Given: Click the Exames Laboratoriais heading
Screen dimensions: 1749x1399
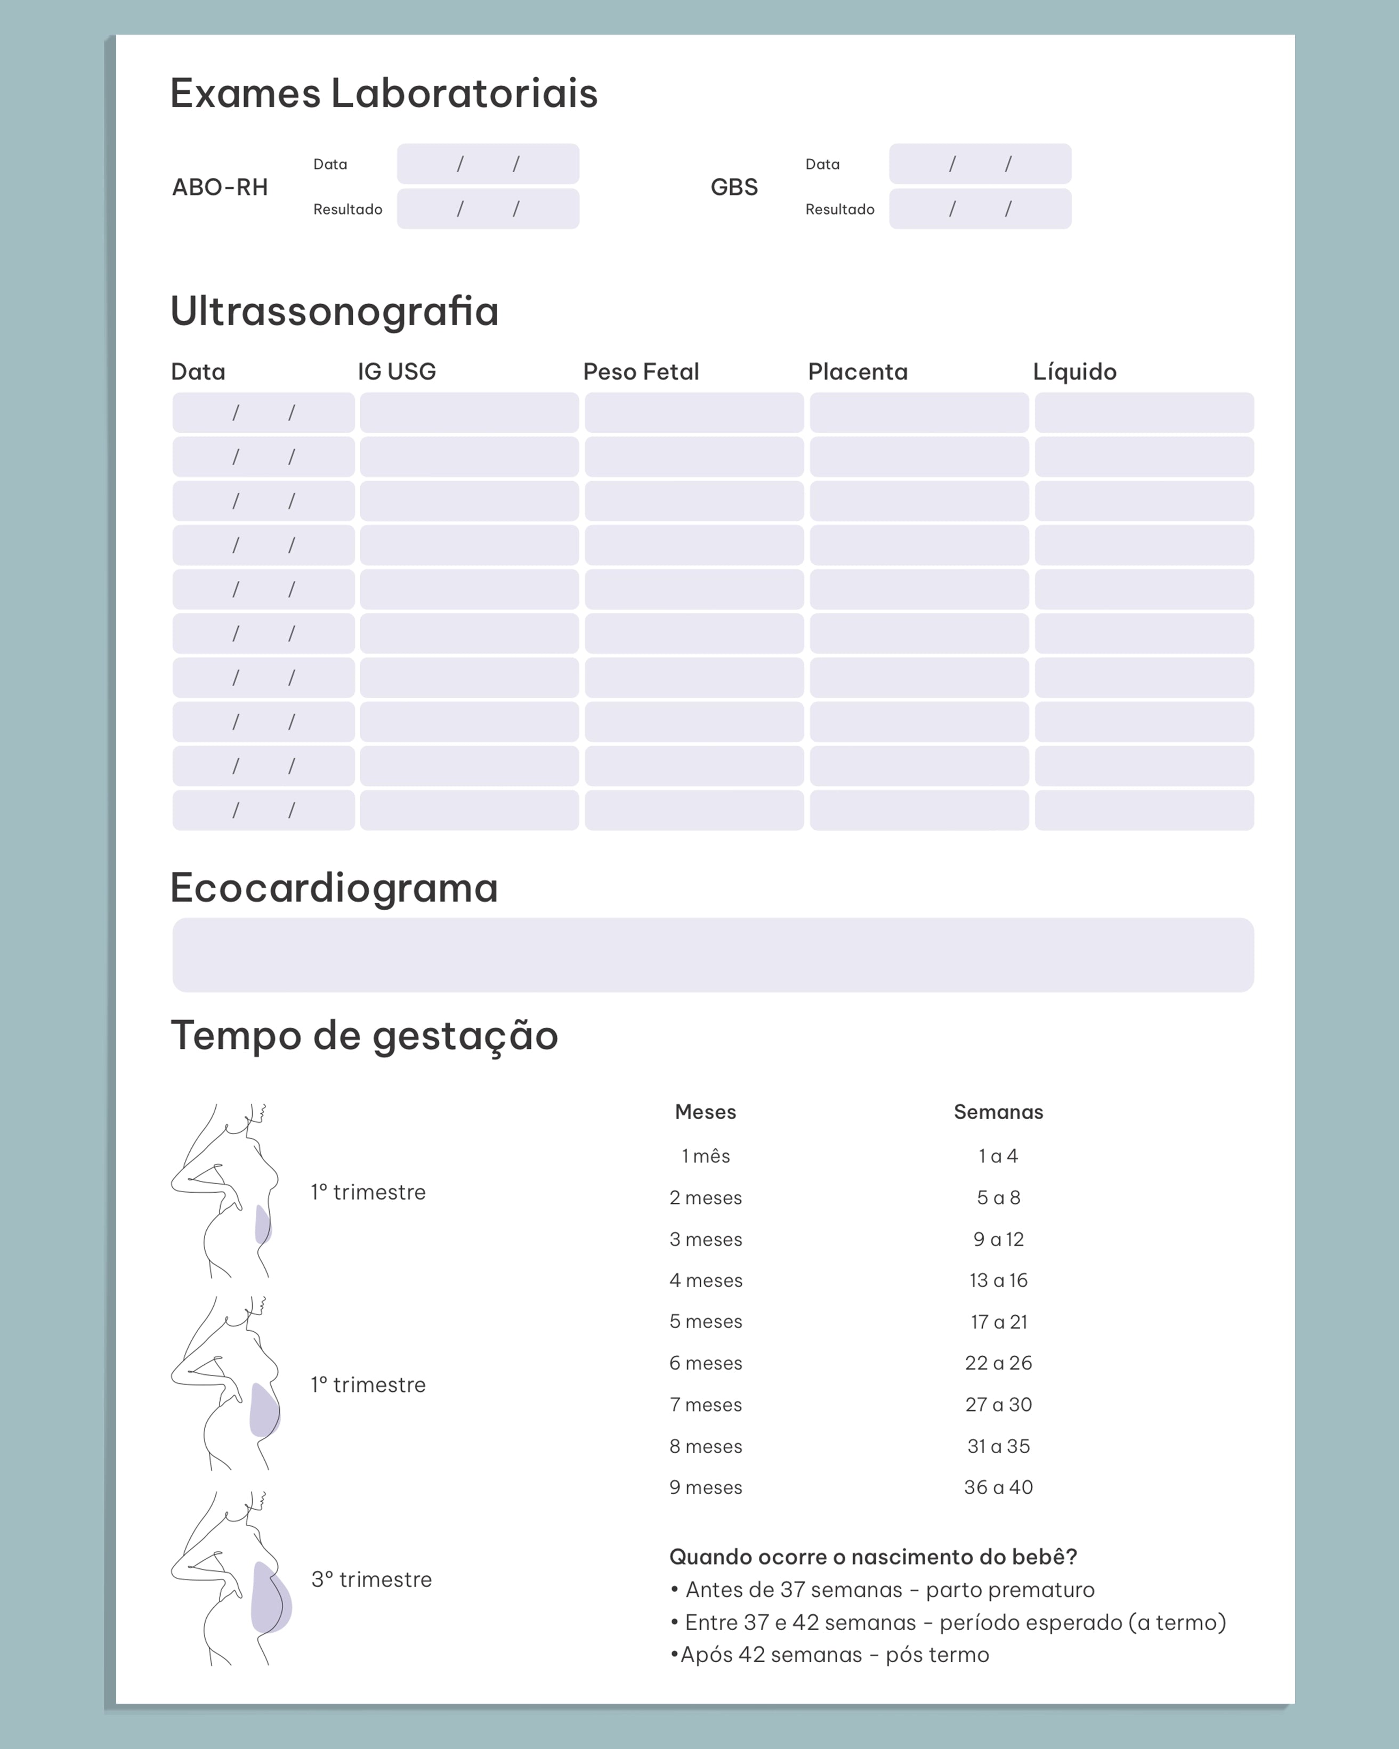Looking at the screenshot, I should coord(383,93).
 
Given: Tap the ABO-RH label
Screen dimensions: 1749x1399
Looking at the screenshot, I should coord(220,188).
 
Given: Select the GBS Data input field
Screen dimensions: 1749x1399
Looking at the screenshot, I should coord(980,164).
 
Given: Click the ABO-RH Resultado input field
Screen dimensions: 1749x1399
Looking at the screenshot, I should coord(488,209).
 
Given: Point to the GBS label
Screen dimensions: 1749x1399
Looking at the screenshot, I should coord(733,188).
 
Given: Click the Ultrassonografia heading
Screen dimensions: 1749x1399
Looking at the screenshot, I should coord(334,312).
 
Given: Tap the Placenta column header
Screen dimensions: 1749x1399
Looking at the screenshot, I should coord(857,371).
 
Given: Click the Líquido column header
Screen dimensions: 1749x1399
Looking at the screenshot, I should coord(1074,371).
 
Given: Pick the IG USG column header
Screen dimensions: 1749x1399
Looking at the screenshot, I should coord(397,371).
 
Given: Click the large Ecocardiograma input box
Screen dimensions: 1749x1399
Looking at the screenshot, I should coord(713,955).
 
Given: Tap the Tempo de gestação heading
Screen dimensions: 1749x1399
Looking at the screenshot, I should coord(365,1036).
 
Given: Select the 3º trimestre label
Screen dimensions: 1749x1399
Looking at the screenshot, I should coord(371,1580).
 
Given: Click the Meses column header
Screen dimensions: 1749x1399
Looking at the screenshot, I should coord(705,1112).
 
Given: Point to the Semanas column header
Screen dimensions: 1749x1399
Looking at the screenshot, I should coord(998,1112).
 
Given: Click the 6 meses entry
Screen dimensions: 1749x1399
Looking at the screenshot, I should coord(705,1363).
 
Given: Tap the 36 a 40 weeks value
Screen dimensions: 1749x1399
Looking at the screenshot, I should coord(998,1487).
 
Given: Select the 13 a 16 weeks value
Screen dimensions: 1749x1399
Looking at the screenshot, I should coord(998,1280).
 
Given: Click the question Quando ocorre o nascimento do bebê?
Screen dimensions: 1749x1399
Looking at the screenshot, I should coord(873,1557).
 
